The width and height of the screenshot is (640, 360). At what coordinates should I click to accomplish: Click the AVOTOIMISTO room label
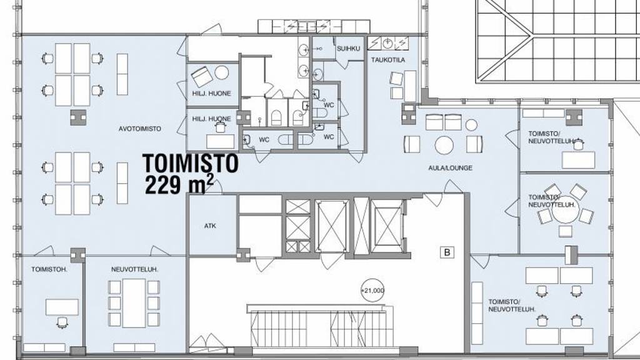(139, 129)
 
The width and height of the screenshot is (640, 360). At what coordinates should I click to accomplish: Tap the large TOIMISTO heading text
(190, 163)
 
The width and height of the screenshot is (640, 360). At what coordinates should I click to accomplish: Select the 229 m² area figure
(179, 185)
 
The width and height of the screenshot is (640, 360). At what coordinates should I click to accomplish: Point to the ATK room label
(210, 226)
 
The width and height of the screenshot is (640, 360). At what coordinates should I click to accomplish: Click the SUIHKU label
(349, 48)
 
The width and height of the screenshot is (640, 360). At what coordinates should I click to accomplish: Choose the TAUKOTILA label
(387, 60)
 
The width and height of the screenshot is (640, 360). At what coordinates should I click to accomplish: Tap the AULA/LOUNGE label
(450, 167)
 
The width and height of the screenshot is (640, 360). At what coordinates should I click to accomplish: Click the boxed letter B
(447, 252)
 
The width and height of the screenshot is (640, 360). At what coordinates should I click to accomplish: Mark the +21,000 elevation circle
(372, 291)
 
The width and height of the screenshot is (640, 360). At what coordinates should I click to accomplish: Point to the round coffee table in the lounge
(444, 145)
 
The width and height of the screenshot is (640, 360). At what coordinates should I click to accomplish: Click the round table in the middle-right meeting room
(564, 212)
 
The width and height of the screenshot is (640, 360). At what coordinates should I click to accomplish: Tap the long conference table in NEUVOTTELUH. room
(134, 303)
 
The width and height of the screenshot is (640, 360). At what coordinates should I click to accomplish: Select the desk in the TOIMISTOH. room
(62, 307)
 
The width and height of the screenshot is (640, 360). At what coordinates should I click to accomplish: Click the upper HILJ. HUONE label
(211, 94)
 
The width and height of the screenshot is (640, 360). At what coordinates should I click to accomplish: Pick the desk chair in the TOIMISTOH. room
(62, 323)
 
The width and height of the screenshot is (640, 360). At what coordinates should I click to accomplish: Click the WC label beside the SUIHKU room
(329, 105)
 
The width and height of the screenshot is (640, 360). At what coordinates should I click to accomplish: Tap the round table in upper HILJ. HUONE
(222, 73)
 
